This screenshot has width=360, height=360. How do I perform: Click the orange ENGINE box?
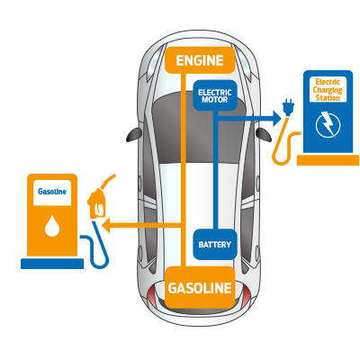200,60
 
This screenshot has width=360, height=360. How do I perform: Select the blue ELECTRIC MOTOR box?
215,95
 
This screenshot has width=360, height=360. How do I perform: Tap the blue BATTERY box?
215,244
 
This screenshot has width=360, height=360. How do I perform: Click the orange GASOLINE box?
200,288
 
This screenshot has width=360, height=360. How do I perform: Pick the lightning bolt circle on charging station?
327,123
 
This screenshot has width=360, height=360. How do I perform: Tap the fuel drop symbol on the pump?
52,226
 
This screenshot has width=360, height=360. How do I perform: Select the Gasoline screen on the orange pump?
52,192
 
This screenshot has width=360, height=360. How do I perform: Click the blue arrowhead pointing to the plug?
274,115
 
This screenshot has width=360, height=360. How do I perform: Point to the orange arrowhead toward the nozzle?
105,225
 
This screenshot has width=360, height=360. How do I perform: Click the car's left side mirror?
134,134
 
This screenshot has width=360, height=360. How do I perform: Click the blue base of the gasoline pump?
52,264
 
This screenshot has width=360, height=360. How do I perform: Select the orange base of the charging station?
328,160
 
